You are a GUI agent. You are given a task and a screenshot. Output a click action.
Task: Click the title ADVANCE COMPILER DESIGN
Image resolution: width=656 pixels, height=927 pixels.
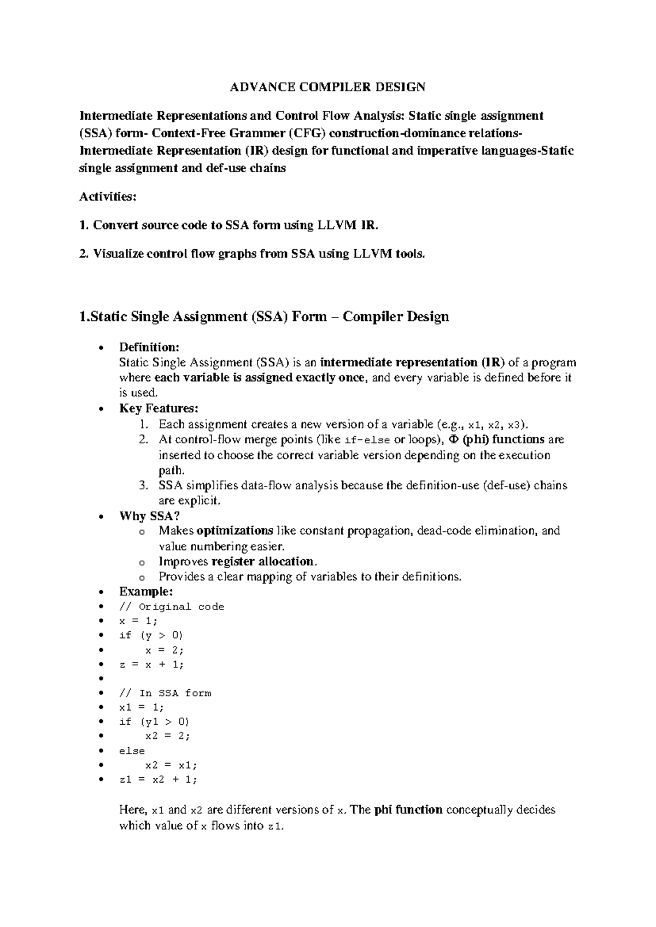point(327,87)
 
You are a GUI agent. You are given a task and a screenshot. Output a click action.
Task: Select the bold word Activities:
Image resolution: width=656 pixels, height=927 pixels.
point(108,197)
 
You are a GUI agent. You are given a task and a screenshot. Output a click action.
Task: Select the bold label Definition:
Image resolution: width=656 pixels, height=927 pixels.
point(149,347)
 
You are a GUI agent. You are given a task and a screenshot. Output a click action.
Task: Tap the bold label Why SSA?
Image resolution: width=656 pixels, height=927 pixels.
point(149,516)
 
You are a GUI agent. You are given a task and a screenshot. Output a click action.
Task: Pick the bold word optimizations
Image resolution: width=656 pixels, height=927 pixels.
point(235,531)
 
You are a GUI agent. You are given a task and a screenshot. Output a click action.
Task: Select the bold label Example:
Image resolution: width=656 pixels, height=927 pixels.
point(146,591)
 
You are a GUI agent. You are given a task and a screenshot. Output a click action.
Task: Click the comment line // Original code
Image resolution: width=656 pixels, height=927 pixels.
point(171,607)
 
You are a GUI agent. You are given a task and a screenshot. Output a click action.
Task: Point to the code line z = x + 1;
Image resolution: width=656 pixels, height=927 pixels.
point(151,665)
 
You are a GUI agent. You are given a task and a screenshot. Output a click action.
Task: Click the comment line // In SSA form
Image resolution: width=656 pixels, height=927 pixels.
point(165,693)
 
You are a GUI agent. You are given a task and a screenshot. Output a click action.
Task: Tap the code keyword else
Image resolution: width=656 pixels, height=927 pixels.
point(132,751)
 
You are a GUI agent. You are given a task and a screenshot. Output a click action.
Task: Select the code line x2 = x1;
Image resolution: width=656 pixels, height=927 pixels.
point(171,765)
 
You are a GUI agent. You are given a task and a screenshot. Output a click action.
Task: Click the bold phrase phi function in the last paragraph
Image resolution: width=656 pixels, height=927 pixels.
point(408,809)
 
